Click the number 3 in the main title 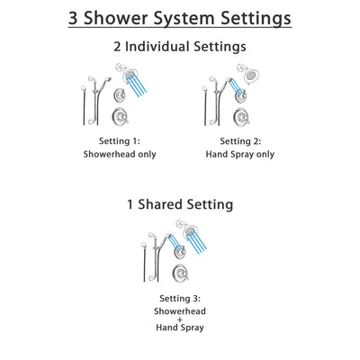(76, 18)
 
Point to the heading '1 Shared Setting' (179, 204)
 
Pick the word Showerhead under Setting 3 (179, 311)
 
